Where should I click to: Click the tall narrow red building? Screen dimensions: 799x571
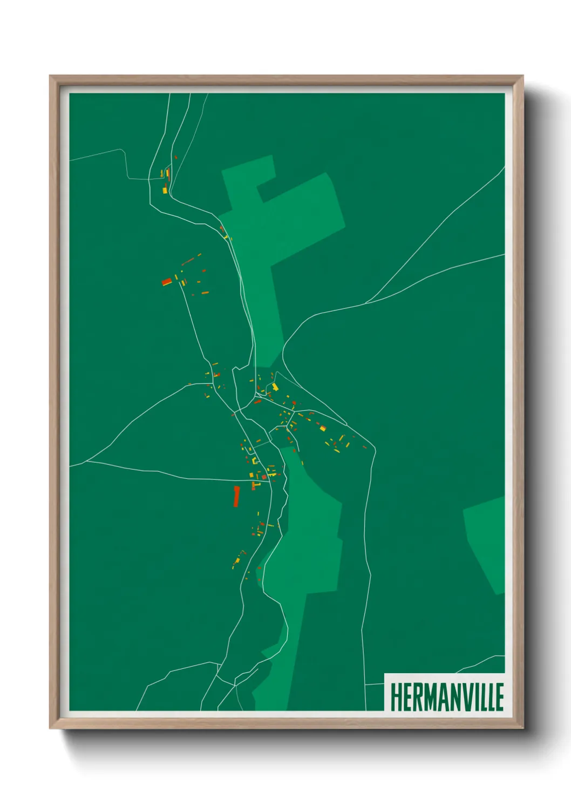point(236,496)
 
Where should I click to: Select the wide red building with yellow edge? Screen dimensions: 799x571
point(167,281)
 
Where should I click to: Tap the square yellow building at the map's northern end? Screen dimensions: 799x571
point(165,189)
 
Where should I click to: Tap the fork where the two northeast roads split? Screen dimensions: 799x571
point(367,302)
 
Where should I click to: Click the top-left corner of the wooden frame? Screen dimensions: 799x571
point(51,76)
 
